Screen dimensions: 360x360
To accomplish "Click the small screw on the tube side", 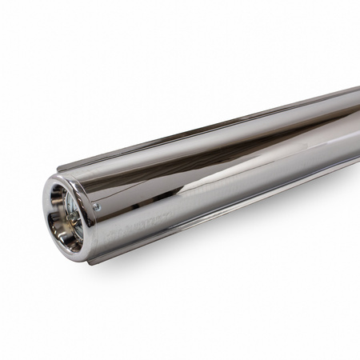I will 96,206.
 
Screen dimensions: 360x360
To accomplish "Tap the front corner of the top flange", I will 59,170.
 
